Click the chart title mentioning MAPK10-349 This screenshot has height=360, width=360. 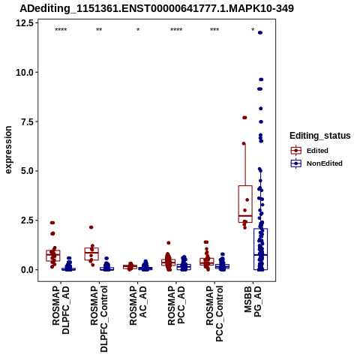tap(157, 8)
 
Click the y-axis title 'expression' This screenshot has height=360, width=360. tap(8, 150)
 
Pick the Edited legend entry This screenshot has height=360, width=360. tap(317, 151)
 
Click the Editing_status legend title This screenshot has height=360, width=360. tap(320, 136)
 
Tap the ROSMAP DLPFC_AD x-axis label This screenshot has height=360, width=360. tap(61, 310)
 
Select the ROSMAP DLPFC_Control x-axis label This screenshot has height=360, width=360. tap(99, 319)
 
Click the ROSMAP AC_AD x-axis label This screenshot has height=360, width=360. tap(138, 306)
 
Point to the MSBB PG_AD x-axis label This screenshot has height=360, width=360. tap(253, 301)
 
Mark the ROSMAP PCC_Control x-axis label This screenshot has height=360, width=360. tap(214, 314)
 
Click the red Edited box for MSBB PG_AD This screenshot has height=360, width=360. tap(245, 204)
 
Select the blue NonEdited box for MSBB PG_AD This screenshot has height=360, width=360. tap(260, 249)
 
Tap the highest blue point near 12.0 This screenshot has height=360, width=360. tap(260, 33)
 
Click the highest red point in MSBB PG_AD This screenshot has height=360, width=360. tap(244, 118)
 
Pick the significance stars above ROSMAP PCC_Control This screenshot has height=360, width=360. tap(214, 30)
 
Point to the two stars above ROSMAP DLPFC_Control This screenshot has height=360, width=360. tap(99, 30)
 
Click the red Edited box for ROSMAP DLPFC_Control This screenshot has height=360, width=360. tap(91, 254)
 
